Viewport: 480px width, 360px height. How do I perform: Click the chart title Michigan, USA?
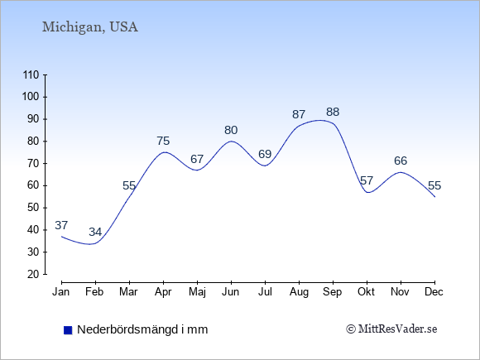coord(90,27)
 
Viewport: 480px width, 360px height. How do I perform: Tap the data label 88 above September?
coord(333,112)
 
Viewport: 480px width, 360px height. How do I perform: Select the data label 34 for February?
coord(95,232)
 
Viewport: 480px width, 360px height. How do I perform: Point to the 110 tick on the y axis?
coord(31,75)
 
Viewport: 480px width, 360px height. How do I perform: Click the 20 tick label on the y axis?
coord(33,274)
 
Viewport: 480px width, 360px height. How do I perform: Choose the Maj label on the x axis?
coord(197,292)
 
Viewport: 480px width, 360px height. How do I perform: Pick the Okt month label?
coord(366,292)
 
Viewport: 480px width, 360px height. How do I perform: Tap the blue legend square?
coord(68,330)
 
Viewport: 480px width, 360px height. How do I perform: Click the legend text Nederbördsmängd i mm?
coord(142,329)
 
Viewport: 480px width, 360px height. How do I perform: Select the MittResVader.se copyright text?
coord(391,329)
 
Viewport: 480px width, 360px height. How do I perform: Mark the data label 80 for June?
coord(231,130)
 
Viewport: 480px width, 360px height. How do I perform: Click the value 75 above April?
coord(163,141)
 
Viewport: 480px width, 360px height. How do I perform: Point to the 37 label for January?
coord(61,225)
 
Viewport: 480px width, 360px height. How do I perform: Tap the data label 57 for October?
coord(367,180)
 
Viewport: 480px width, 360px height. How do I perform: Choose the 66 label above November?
coord(401,161)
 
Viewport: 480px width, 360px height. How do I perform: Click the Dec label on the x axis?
coord(434,292)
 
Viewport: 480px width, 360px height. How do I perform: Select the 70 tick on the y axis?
coord(33,164)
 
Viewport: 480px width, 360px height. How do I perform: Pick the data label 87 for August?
coord(299,114)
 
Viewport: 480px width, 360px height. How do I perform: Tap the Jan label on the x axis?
coord(61,292)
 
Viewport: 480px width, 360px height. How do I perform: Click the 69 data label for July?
coord(265,154)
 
